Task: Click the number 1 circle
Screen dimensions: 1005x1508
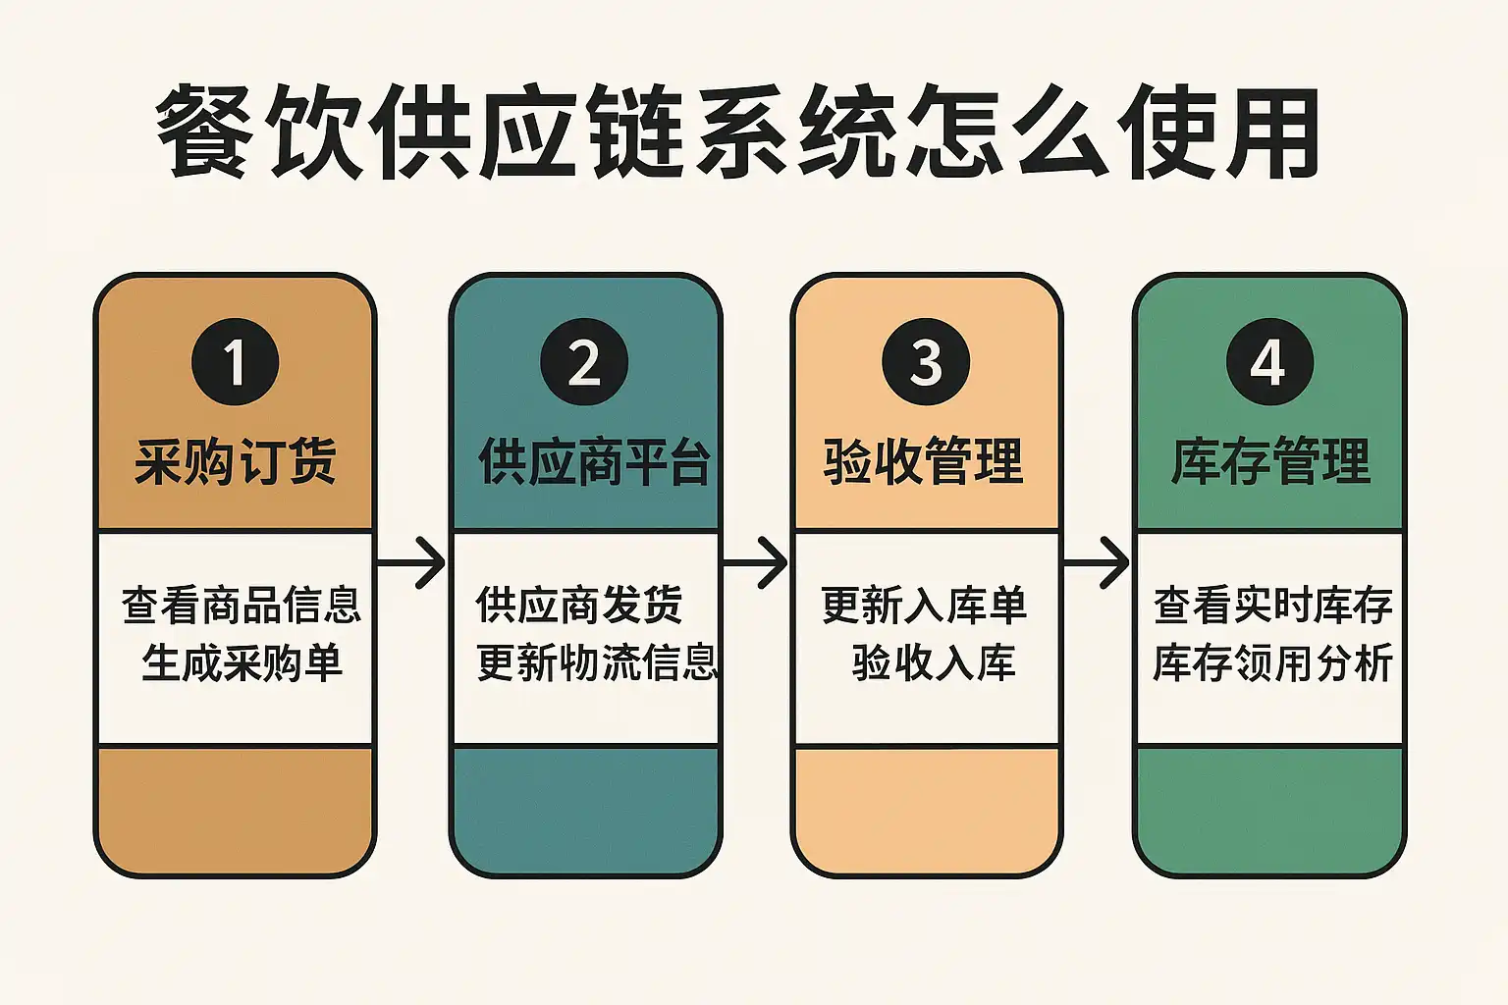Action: click(x=235, y=362)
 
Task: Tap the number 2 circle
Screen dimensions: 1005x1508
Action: click(x=584, y=362)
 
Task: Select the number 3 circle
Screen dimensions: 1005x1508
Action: click(x=926, y=362)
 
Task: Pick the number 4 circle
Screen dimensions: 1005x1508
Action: click(x=1268, y=362)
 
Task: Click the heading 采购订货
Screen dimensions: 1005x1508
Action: click(x=236, y=461)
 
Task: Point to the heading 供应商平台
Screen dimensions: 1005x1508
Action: click(x=594, y=461)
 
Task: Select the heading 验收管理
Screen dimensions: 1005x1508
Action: click(x=924, y=461)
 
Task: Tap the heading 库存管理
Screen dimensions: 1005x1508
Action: click(x=1270, y=461)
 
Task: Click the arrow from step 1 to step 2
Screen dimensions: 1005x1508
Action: click(x=411, y=563)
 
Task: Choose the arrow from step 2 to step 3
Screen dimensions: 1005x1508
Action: click(x=755, y=563)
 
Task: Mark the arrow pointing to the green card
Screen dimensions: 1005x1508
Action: click(x=1097, y=563)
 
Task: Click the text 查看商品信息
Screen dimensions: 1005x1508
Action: click(x=242, y=605)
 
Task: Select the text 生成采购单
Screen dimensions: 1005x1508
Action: click(x=242, y=662)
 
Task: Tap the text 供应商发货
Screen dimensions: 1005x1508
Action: click(x=579, y=605)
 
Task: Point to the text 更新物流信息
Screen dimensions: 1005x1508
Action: click(x=597, y=662)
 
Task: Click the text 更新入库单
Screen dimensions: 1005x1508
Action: click(x=924, y=605)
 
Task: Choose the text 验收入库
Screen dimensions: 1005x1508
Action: click(x=934, y=662)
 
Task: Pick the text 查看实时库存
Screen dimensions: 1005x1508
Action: click(x=1272, y=605)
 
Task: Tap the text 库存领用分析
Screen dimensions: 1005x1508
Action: click(x=1272, y=662)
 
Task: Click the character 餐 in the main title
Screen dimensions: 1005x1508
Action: click(x=202, y=132)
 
